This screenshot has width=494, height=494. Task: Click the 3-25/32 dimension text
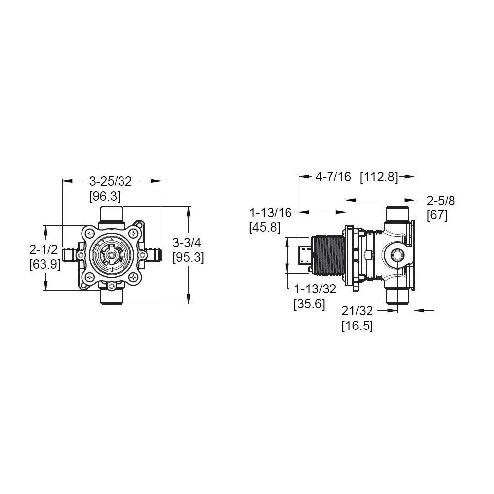(x=112, y=182)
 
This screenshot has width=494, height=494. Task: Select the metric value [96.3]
(x=105, y=196)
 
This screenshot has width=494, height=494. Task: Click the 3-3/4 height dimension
(x=188, y=243)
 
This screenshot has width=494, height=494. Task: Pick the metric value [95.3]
(x=188, y=257)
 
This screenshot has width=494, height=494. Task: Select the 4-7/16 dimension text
(x=332, y=177)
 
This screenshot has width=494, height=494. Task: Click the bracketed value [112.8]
(x=379, y=177)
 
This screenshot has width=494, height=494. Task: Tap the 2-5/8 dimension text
(x=441, y=201)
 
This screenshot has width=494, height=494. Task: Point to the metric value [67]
(x=437, y=215)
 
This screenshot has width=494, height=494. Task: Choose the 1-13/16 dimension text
(x=271, y=212)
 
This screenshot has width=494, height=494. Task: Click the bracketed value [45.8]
(x=266, y=227)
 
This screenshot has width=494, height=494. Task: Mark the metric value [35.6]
(x=309, y=304)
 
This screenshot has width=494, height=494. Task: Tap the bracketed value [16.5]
(x=357, y=326)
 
